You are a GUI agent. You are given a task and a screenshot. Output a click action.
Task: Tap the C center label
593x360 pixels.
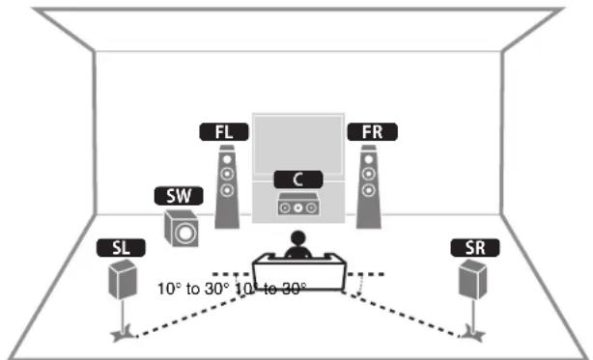[x=296, y=179]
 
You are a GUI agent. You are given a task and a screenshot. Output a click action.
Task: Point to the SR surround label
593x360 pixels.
[x=472, y=248]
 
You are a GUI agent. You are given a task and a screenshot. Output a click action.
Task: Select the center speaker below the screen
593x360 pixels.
[x=296, y=205]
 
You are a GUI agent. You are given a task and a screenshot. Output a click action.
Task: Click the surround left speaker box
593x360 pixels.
[x=121, y=280]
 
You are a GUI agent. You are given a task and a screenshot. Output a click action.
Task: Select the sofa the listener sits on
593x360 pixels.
[x=296, y=267]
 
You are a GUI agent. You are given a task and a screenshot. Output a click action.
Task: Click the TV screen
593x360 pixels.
[x=296, y=145]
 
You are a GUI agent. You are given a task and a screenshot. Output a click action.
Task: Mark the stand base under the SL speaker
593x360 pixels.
[x=120, y=335]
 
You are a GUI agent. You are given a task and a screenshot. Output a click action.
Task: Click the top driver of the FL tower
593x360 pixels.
[x=226, y=161]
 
